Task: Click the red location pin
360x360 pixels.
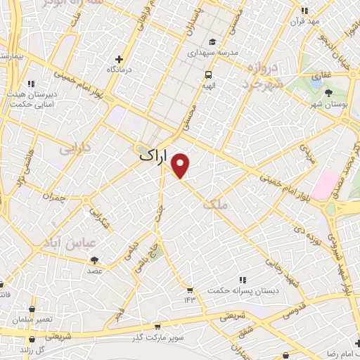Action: (181, 165)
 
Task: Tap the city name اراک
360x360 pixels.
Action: (154, 157)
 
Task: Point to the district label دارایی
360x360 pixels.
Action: (75, 150)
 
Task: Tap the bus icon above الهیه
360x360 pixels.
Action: (208, 75)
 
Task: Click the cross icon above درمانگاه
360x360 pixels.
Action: (120, 60)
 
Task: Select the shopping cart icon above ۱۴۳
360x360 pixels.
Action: (189, 289)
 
